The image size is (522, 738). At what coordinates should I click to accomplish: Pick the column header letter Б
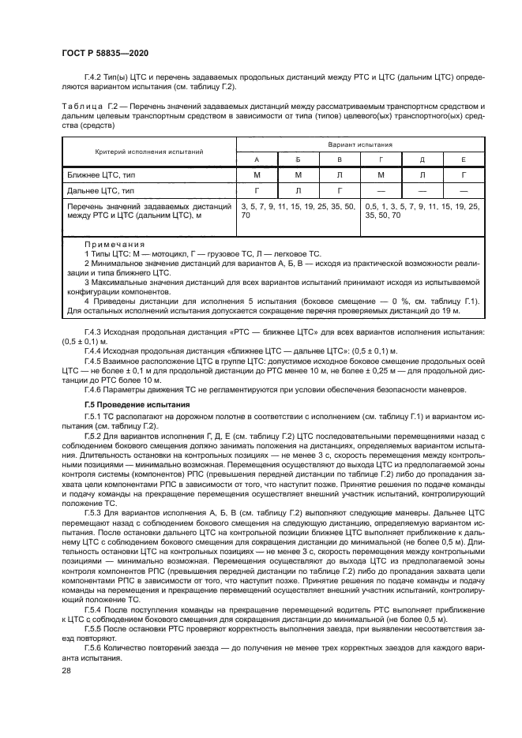pyautogui.click(x=299, y=159)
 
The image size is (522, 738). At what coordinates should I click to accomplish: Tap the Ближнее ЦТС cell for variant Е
pyautogui.click(x=464, y=174)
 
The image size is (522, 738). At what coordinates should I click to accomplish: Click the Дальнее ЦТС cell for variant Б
pyautogui.click(x=299, y=190)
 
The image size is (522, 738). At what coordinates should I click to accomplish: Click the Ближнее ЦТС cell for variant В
pyautogui.click(x=340, y=174)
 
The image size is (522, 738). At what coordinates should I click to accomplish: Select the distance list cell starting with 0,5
pyautogui.click(x=422, y=210)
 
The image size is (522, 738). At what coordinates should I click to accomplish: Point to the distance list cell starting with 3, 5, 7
pyautogui.click(x=299, y=210)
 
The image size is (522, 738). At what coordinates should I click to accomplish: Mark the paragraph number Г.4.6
pyautogui.click(x=95, y=388)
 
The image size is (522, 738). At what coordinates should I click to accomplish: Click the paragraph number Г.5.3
pyautogui.click(x=95, y=512)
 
